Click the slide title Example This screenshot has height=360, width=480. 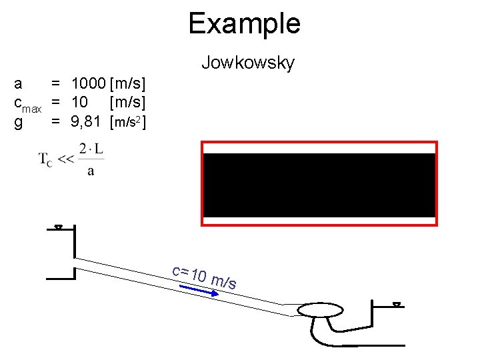(244, 24)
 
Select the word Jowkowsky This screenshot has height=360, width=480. (247, 63)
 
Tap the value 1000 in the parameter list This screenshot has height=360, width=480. (88, 85)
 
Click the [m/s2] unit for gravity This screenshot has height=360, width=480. (129, 122)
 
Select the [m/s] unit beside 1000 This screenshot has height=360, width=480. (129, 85)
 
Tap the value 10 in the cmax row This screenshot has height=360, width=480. (79, 103)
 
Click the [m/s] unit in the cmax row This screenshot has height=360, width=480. (129, 103)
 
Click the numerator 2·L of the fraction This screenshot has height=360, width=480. (91, 149)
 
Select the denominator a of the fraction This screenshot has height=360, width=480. (91, 171)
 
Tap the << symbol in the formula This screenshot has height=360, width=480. (65, 159)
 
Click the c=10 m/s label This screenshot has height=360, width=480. (204, 277)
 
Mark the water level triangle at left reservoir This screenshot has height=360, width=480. (58, 228)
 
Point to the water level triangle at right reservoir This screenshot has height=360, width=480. (397, 305)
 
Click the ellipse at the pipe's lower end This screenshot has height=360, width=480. (319, 311)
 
